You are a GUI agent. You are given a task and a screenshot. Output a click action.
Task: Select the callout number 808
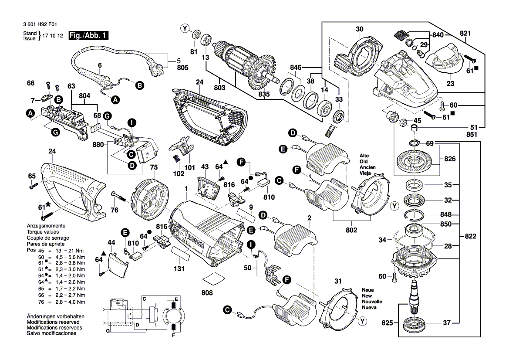click(x=207, y=293)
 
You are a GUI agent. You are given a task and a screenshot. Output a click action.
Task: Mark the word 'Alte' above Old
click(x=364, y=156)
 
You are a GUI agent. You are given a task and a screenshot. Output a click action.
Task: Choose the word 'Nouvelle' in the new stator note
click(x=371, y=302)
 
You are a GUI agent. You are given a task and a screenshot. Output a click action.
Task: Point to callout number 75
click(x=154, y=167)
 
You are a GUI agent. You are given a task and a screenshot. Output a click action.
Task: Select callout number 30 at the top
click(x=359, y=29)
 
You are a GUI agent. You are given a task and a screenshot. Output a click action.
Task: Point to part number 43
click(x=205, y=167)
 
